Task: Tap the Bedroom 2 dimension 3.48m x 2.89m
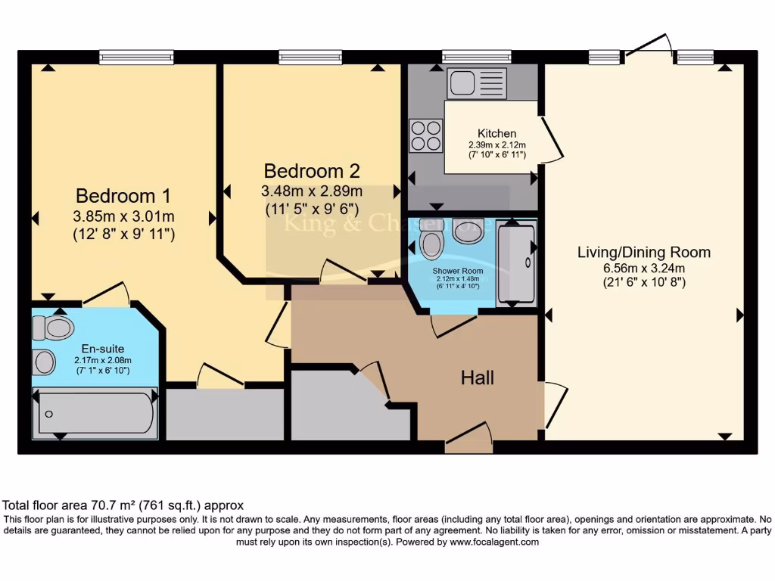(311, 190)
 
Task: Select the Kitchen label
(496, 134)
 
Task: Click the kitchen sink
(477, 83)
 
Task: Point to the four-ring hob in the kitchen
(425, 135)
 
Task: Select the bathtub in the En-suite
(95, 413)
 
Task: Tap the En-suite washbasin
(44, 362)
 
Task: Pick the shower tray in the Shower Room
(517, 263)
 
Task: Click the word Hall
(478, 377)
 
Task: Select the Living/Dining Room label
(644, 253)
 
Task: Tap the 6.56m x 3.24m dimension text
(644, 268)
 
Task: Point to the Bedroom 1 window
(136, 57)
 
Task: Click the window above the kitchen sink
(476, 57)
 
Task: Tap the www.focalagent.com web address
(493, 542)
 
